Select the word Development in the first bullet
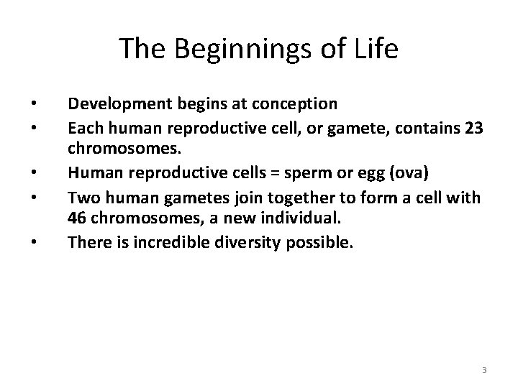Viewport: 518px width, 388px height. [117, 104]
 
